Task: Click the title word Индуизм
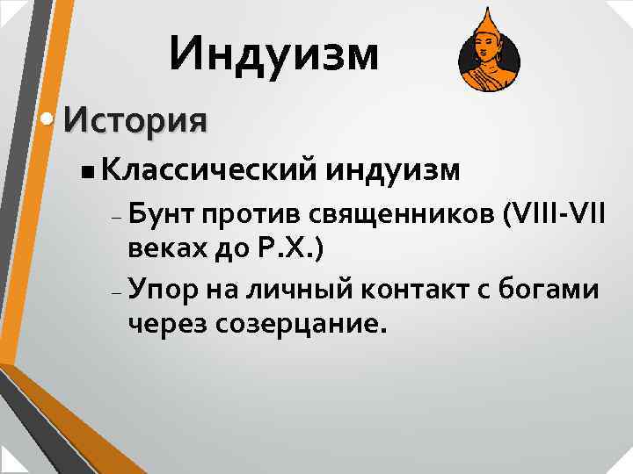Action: pos(275,54)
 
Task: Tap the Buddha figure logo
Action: pos(489,55)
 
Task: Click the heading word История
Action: pos(135,119)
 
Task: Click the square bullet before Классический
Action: pos(84,169)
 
